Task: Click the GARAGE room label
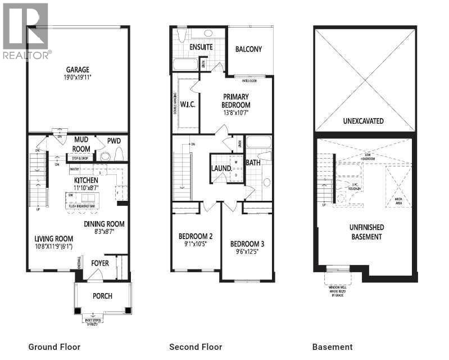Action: point(77,71)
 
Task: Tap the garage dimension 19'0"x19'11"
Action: point(77,79)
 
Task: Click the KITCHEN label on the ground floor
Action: point(87,180)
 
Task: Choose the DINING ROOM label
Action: point(104,223)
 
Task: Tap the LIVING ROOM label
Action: point(53,238)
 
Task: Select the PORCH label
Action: point(102,296)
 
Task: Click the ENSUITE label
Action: point(201,47)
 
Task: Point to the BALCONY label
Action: point(248,49)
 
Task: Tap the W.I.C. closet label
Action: point(187,104)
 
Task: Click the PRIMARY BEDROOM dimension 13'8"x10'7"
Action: point(236,112)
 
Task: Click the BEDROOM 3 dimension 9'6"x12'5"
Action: point(247,253)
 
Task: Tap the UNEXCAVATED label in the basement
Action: point(363,121)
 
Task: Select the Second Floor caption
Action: point(196,347)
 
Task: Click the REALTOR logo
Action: point(26,31)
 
